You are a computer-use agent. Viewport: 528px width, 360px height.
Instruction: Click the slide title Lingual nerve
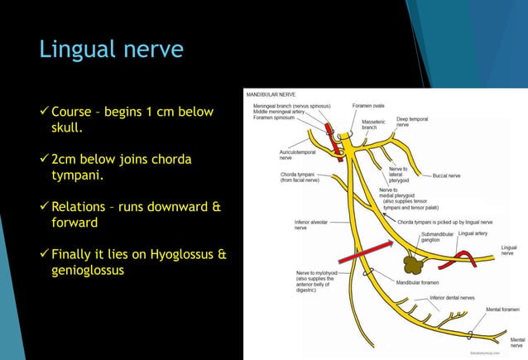pos(111,50)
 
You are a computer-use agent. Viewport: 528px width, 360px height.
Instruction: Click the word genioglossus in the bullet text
pos(88,270)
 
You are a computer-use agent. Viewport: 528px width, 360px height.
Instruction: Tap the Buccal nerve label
pos(446,175)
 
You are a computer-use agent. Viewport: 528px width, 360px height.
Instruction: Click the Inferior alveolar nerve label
pos(312,224)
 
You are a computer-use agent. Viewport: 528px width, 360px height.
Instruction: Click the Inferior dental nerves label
pos(452,297)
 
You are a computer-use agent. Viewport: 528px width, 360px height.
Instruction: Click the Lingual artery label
pos(473,233)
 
